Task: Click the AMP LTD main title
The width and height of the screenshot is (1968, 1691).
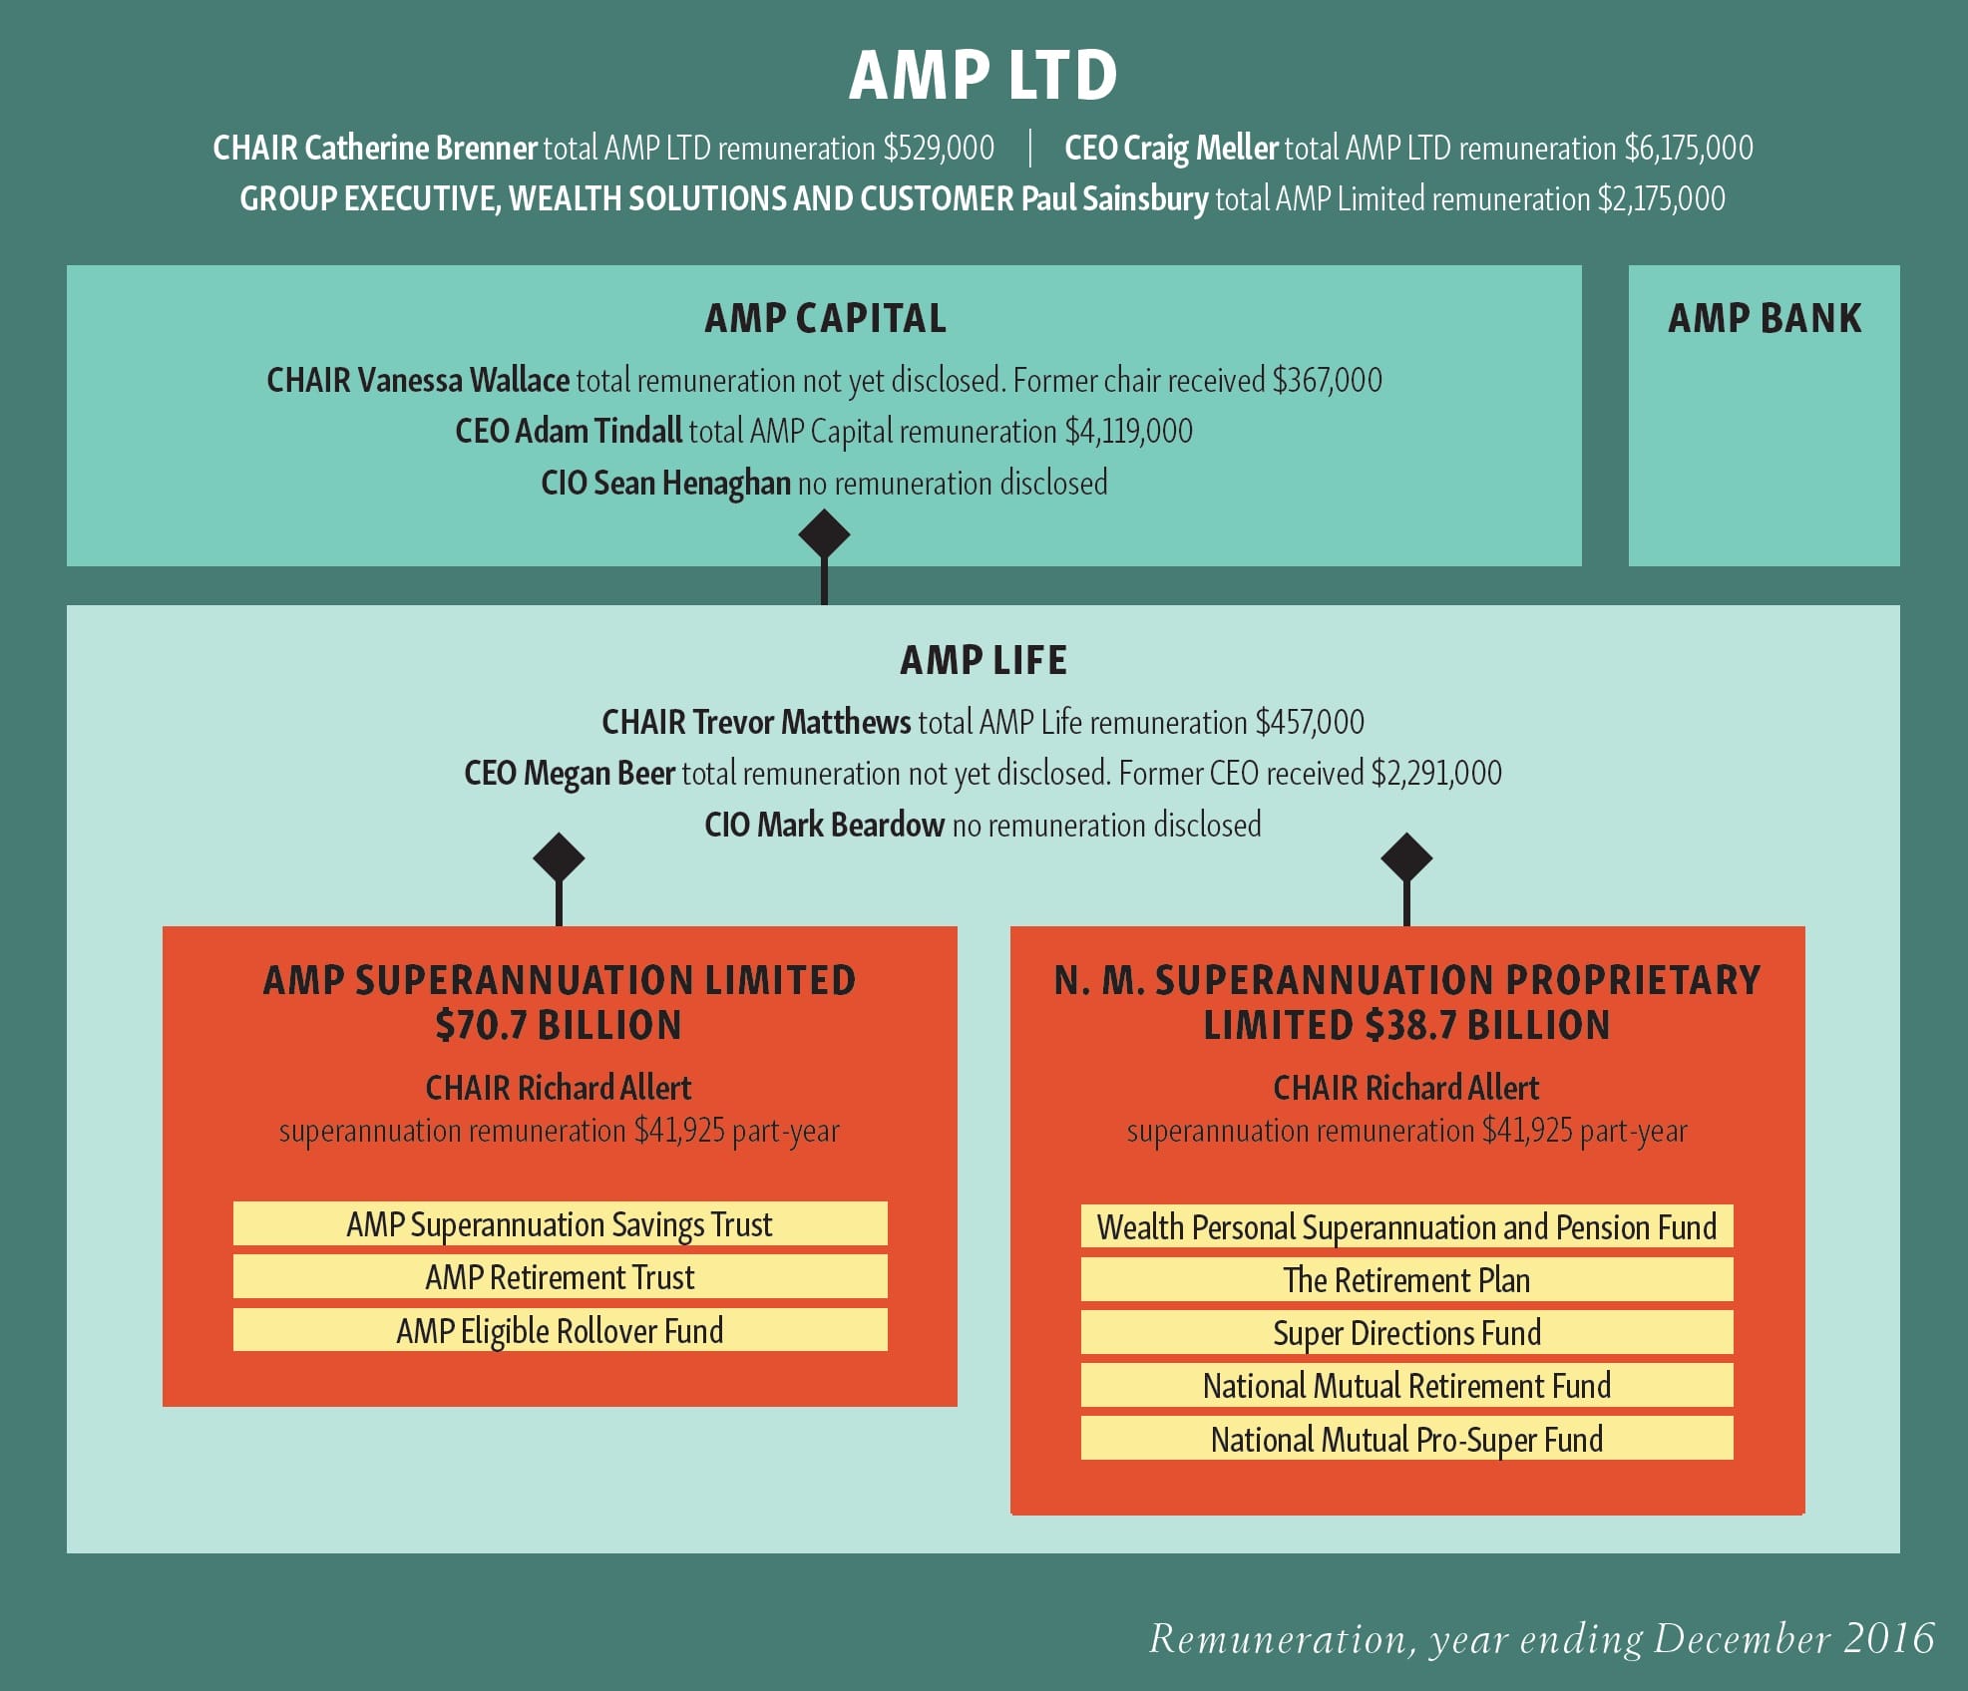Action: click(983, 77)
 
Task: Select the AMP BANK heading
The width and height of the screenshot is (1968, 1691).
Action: click(1764, 319)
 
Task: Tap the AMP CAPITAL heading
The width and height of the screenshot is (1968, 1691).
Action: click(825, 319)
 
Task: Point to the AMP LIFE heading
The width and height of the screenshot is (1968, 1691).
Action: click(983, 660)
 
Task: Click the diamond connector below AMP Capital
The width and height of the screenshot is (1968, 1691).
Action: click(824, 535)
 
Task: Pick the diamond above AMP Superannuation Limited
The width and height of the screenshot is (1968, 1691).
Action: click(559, 857)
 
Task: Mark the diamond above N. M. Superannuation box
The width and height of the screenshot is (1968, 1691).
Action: click(1406, 857)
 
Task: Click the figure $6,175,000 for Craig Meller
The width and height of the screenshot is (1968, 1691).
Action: click(1688, 149)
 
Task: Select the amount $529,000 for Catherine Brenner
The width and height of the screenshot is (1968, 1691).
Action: click(938, 149)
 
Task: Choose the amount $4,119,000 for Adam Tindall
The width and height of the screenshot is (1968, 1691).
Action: click(1128, 432)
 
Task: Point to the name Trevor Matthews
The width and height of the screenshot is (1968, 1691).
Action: click(801, 722)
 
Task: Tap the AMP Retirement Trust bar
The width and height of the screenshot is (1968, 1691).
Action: click(560, 1277)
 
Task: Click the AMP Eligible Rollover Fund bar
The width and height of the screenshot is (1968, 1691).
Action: click(560, 1331)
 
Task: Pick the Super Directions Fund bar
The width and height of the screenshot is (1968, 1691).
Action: click(1406, 1333)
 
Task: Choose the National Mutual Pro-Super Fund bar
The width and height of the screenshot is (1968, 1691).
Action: click(1406, 1439)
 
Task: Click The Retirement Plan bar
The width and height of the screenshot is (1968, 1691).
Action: click(1406, 1280)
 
